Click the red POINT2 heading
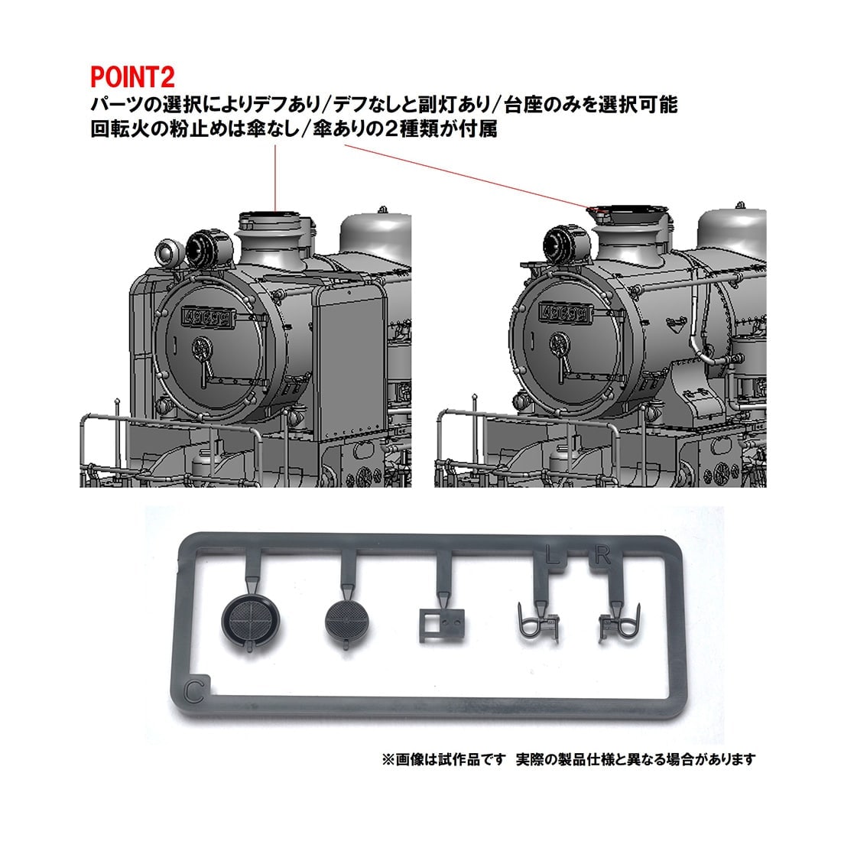[x=132, y=76]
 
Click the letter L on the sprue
[x=550, y=556]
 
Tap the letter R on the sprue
[x=602, y=556]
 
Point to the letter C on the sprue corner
[x=193, y=691]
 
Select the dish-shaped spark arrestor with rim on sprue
[x=251, y=622]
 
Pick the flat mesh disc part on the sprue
[x=347, y=621]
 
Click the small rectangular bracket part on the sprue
[x=443, y=625]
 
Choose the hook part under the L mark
[x=538, y=623]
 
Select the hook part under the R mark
[x=619, y=623]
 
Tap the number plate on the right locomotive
[x=564, y=313]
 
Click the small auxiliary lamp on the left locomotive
[x=167, y=251]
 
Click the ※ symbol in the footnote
[x=388, y=760]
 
